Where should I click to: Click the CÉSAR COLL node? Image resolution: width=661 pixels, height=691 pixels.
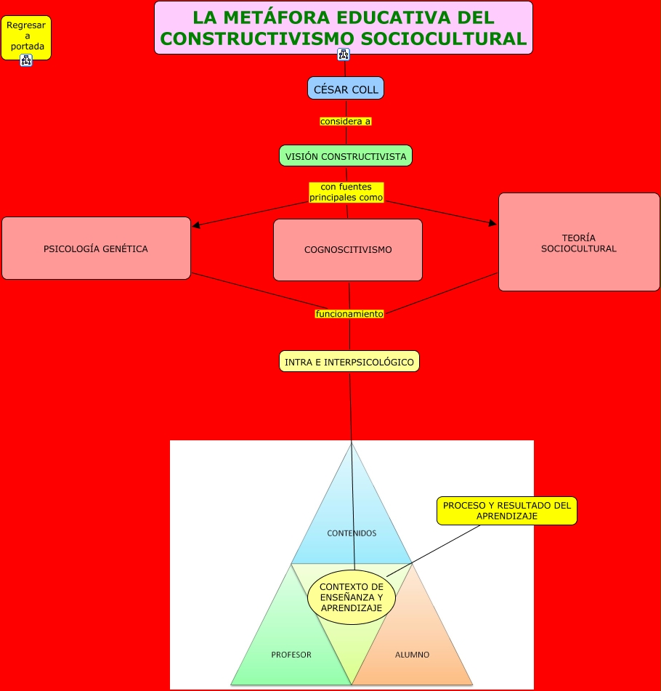345,89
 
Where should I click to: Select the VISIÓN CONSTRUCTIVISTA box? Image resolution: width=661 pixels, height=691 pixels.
346,156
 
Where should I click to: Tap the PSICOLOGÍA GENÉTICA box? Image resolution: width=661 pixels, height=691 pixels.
96,248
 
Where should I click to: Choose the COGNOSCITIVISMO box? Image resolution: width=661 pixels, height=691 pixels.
348,250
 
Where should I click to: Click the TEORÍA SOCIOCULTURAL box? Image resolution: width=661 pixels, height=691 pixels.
579,243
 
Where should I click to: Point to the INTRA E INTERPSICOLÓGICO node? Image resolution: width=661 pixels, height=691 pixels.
349,361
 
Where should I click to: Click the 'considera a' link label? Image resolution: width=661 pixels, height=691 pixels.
346,121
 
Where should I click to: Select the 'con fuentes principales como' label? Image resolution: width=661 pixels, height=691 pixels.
346,192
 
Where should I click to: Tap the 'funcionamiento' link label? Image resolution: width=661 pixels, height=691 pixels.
349,314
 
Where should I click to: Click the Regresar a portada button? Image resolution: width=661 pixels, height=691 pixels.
26,36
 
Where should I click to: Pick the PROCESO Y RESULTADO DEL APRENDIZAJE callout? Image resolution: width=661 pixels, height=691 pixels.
506,510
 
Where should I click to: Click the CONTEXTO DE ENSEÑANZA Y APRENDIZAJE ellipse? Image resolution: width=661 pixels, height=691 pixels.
352,597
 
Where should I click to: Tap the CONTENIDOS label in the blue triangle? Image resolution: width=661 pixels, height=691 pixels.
352,533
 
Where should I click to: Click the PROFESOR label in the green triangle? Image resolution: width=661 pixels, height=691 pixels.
291,655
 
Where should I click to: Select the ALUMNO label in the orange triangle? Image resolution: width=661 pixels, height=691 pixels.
412,655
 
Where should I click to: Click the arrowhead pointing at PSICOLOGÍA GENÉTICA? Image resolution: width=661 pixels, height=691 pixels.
196,225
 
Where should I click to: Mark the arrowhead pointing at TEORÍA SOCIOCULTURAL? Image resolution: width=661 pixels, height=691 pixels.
493,224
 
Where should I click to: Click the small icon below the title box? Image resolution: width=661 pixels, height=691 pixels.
344,55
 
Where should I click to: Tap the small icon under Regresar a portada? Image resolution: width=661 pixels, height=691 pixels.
26,60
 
